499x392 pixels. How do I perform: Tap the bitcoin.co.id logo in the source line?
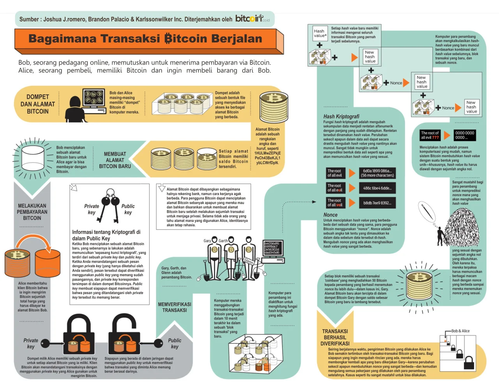click(x=252, y=18)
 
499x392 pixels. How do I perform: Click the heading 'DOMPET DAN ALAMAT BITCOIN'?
click(x=38, y=104)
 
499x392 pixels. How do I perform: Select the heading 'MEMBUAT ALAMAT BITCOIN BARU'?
click(x=115, y=160)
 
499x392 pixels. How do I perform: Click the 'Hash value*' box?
click(x=320, y=33)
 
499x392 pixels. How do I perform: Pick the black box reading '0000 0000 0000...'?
click(x=465, y=135)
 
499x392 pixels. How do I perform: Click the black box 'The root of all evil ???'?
click(x=430, y=135)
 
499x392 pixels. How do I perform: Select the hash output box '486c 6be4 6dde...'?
click(x=377, y=188)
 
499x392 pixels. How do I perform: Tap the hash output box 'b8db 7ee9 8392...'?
click(x=377, y=203)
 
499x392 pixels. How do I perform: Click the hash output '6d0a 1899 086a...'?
click(x=377, y=173)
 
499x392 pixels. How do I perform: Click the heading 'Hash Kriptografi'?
click(x=341, y=116)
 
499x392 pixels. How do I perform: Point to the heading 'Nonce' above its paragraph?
click(x=331, y=215)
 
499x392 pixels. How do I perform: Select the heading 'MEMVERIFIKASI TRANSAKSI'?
click(x=175, y=307)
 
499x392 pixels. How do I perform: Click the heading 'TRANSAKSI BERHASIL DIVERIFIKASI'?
click(x=335, y=337)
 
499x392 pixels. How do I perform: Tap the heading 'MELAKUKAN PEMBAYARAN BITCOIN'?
click(x=32, y=212)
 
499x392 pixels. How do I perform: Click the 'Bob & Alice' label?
click(x=460, y=331)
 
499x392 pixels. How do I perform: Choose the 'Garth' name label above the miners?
click(x=223, y=241)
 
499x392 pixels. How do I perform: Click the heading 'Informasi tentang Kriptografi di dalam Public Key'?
click(x=106, y=235)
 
